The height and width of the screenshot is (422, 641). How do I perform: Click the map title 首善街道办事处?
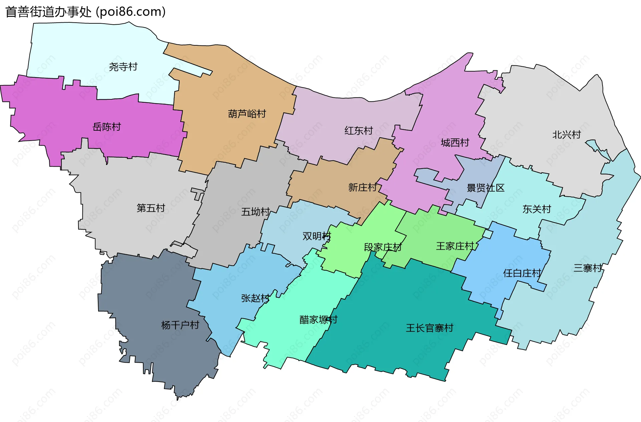(48, 12)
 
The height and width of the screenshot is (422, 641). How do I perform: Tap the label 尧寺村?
(123, 67)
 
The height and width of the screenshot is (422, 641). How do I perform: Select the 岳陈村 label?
(106, 127)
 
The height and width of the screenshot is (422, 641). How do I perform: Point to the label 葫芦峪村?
(247, 114)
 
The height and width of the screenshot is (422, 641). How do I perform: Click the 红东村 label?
(359, 131)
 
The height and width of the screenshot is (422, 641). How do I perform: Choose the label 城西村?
(455, 143)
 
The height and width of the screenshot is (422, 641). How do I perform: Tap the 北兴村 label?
(567, 135)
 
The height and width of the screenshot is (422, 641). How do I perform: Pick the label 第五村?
(151, 208)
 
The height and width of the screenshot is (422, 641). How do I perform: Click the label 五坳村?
(255, 212)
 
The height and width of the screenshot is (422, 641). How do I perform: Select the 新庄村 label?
(363, 188)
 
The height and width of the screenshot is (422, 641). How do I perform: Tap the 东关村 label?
(537, 209)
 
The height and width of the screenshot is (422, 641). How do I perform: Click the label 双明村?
(316, 236)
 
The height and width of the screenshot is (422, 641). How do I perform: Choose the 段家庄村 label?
(383, 248)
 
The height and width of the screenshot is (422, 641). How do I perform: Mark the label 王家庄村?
(455, 246)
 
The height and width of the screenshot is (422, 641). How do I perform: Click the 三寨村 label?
(588, 268)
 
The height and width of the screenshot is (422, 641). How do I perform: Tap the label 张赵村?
(255, 298)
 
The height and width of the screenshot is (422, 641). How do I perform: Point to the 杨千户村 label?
(180, 325)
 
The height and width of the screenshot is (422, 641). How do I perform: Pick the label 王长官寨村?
(429, 328)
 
